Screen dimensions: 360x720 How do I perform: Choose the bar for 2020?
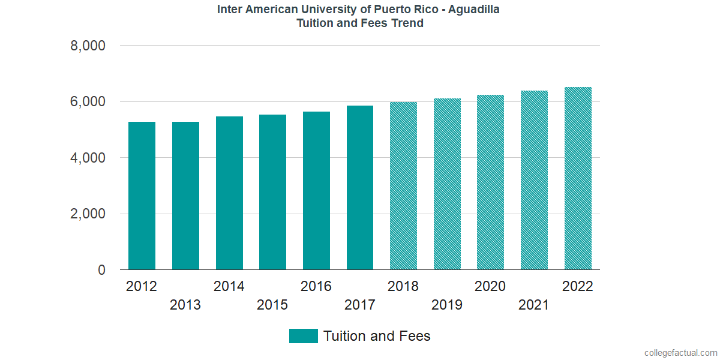(490, 182)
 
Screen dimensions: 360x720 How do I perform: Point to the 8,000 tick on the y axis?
(88, 46)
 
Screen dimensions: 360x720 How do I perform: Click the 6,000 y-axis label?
(88, 102)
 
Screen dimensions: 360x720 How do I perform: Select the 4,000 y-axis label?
(88, 158)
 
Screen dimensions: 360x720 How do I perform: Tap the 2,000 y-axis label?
(88, 214)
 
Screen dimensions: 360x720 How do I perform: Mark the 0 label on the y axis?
(101, 271)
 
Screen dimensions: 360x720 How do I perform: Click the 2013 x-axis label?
(185, 305)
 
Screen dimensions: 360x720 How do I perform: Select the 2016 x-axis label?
(316, 286)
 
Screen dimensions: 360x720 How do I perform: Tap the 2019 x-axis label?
(447, 305)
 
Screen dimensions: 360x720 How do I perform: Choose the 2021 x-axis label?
(534, 305)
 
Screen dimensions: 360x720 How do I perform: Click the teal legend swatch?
(303, 336)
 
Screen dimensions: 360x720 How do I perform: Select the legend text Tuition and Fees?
(377, 336)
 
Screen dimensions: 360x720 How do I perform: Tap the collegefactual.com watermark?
(680, 352)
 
